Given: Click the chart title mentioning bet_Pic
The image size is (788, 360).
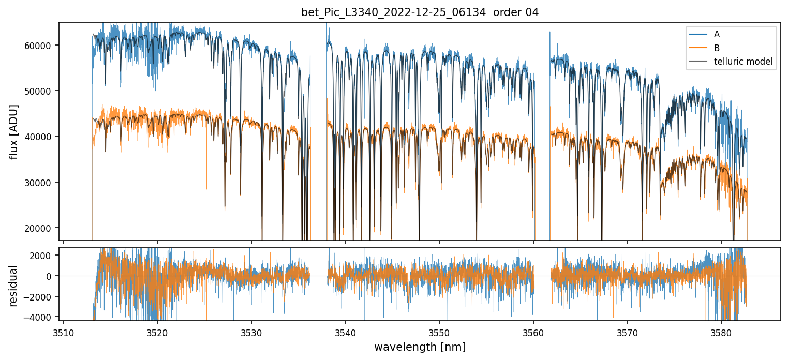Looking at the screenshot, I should point(420,12).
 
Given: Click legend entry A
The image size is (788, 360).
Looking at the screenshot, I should point(717,34).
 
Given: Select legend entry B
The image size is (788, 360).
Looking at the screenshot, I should point(717,48).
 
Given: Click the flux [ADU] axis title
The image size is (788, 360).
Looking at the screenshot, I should point(14,131).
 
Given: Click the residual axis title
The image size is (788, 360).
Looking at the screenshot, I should point(14,286).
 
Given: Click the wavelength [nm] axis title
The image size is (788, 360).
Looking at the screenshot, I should point(420,347).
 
